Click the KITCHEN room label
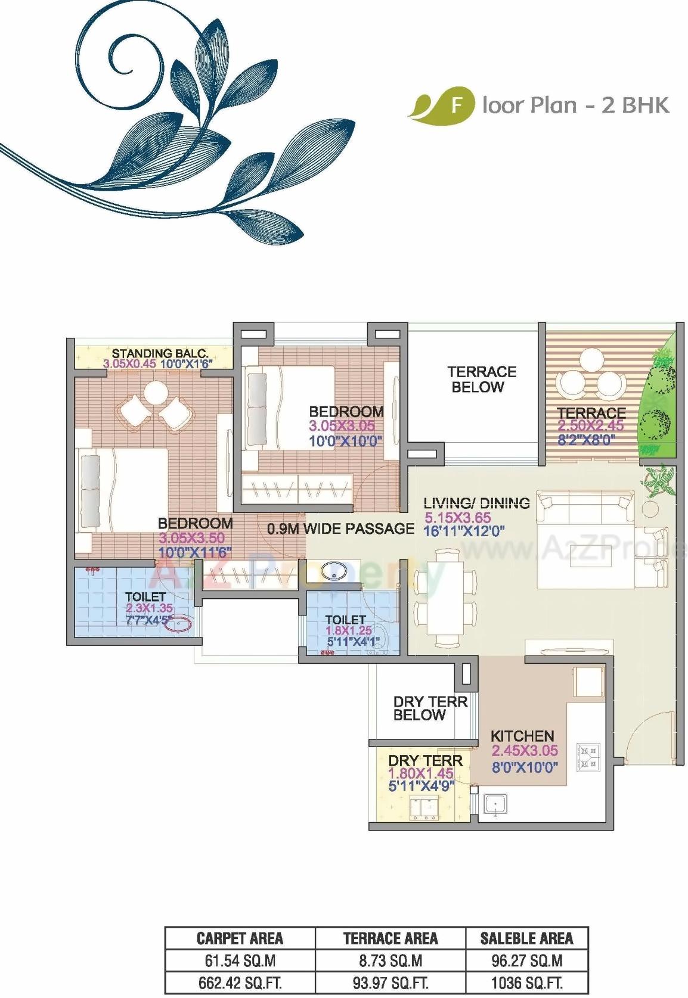pyautogui.click(x=522, y=736)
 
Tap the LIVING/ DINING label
pyautogui.click(x=476, y=503)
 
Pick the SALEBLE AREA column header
pyautogui.click(x=526, y=939)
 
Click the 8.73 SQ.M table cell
pyautogui.click(x=391, y=960)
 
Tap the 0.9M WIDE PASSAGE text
pyautogui.click(x=340, y=528)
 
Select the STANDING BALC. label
pyautogui.click(x=160, y=354)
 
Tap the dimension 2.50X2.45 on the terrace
pyautogui.click(x=590, y=426)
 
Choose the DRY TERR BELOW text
pyautogui.click(x=430, y=708)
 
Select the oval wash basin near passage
pyautogui.click(x=334, y=571)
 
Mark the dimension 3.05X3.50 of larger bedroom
pyautogui.click(x=191, y=538)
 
